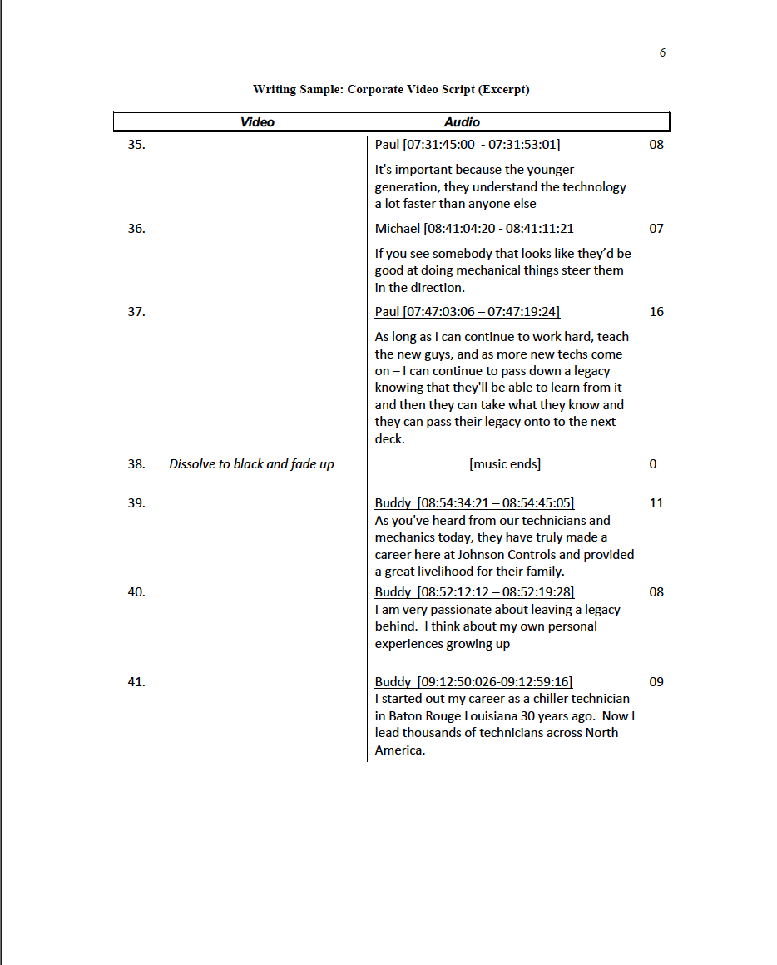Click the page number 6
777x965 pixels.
click(x=662, y=52)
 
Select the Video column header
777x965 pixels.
click(x=257, y=122)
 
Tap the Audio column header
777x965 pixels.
click(x=462, y=122)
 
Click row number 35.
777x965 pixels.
click(x=136, y=145)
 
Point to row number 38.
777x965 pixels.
click(x=136, y=464)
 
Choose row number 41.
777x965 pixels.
click(x=136, y=682)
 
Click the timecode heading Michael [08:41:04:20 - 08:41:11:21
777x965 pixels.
click(x=474, y=229)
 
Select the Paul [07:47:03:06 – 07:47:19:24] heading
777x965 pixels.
click(x=467, y=312)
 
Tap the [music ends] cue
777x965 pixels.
click(x=505, y=464)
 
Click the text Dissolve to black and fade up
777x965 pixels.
click(x=251, y=464)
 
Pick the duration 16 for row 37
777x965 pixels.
click(x=656, y=312)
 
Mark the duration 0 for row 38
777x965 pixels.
click(x=652, y=464)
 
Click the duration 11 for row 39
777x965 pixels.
click(x=656, y=503)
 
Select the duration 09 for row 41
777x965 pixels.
click(x=656, y=682)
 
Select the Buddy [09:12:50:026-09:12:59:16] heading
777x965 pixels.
click(x=473, y=682)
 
